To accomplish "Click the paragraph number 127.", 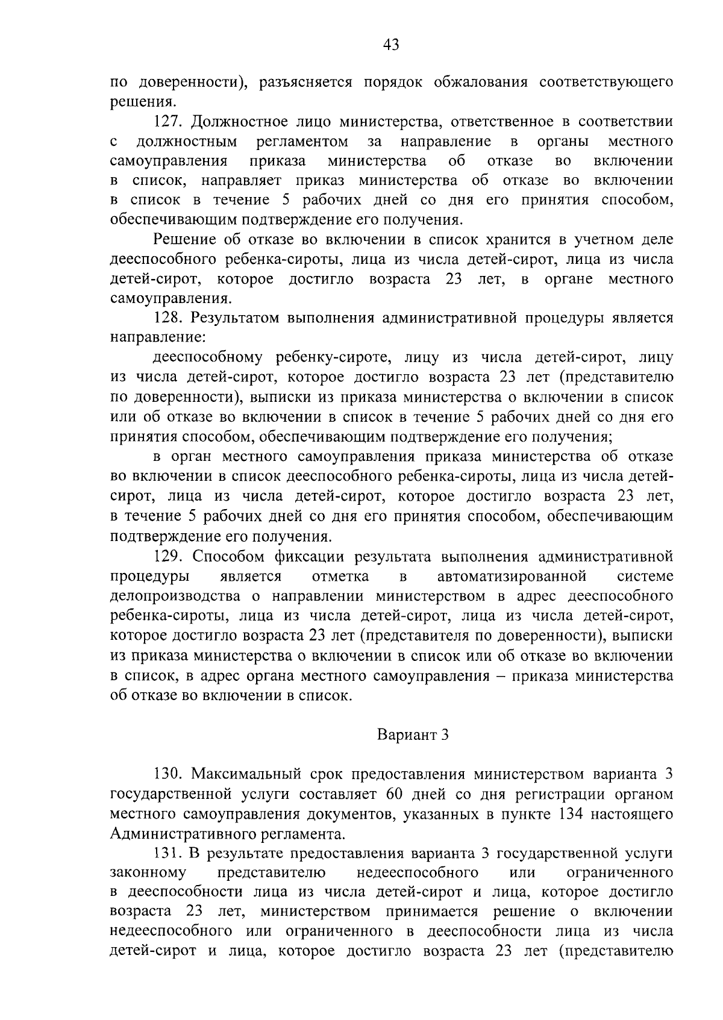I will (169, 122).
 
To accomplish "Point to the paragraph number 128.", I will (169, 318).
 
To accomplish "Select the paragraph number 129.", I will (169, 557).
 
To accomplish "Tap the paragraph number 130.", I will (169, 775).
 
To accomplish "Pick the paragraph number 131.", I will (169, 854).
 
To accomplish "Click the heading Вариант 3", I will (413, 735).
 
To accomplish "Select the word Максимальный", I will (243, 775).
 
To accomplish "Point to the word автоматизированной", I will (512, 577).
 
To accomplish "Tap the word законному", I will (148, 874).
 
